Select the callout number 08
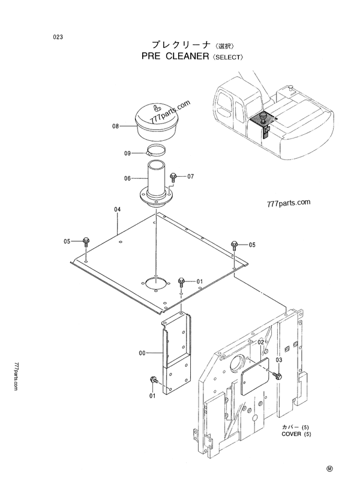tap(116, 126)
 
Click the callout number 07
tap(191, 176)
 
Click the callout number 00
tap(142, 353)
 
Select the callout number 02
tap(261, 342)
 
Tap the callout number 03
tap(279, 360)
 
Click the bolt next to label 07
tap(173, 177)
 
